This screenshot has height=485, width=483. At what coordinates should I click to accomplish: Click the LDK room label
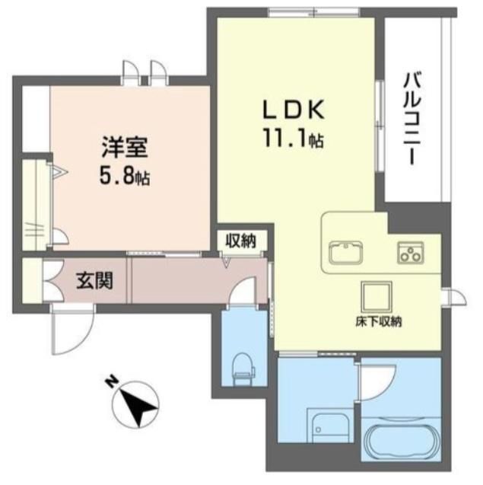point(294,110)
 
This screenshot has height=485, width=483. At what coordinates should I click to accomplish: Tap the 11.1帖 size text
point(294,139)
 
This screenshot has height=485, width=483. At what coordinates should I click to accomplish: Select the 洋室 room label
point(125,147)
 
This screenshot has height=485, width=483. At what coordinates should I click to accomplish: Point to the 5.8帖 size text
point(125,177)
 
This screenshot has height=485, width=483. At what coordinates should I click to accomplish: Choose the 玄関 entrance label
point(94,280)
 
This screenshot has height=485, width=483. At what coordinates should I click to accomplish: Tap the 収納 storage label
point(240,241)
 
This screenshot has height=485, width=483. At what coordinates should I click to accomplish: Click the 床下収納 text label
point(378,322)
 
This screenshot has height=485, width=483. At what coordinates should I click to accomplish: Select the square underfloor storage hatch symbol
point(377,297)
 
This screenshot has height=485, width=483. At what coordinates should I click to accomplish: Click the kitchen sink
point(346,252)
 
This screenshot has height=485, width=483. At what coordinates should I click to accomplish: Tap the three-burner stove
point(411,253)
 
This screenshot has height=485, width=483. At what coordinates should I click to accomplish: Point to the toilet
point(244,369)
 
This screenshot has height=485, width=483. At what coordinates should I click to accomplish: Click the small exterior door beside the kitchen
point(455,297)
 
